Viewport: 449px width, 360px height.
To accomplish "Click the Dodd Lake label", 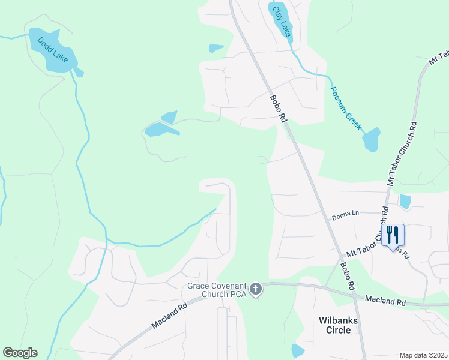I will [52, 50].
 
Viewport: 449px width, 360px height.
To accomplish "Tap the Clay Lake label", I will [282, 20].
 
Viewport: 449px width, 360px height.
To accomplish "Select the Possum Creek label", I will [346, 109].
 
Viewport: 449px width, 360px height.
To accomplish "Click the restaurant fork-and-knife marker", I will [393, 235].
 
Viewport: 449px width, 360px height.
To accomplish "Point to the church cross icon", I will [256, 290].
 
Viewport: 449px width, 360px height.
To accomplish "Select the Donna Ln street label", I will [345, 213].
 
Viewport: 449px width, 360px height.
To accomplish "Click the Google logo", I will [20, 353].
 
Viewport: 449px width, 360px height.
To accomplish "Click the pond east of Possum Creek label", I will [372, 140].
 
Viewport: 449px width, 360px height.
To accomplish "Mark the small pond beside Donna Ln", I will [405, 202].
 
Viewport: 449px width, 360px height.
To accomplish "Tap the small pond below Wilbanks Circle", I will [297, 350].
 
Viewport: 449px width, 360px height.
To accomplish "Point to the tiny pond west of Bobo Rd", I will [216, 48].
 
